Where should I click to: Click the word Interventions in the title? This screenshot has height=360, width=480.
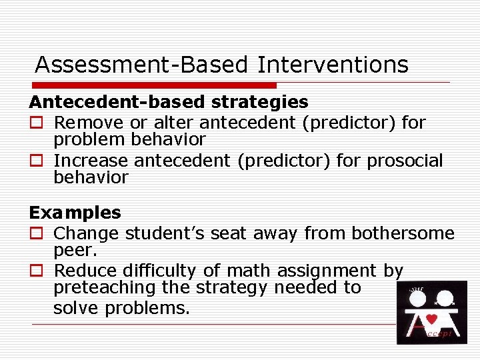(333, 65)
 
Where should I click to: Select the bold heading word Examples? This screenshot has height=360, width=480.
(75, 213)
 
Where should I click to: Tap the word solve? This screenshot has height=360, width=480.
(73, 308)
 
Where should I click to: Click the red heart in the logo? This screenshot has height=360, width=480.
(431, 318)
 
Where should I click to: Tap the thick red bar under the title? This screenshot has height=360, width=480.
(154, 85)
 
